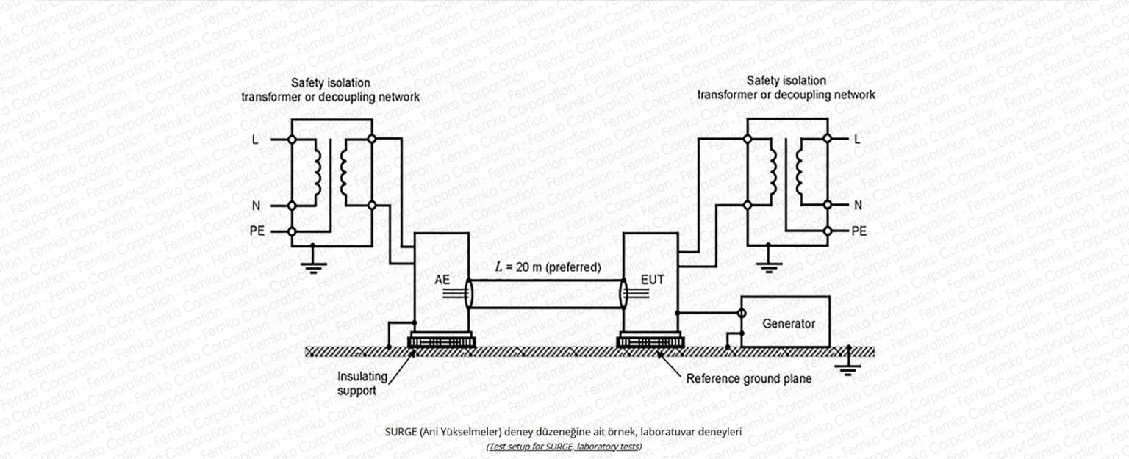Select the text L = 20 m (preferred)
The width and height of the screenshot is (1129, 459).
[x=547, y=268]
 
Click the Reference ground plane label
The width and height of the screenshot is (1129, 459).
[x=748, y=379]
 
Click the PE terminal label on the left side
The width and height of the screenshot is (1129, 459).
[x=254, y=231]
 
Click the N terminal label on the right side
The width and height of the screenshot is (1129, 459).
[x=858, y=205]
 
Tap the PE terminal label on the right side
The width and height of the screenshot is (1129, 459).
[x=859, y=231]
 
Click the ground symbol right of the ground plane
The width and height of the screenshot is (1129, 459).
[x=848, y=367]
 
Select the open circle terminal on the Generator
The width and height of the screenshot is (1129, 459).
[x=742, y=313]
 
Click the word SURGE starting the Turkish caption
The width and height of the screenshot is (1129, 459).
[x=400, y=432]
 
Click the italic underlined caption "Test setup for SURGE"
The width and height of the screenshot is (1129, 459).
[x=564, y=447]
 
